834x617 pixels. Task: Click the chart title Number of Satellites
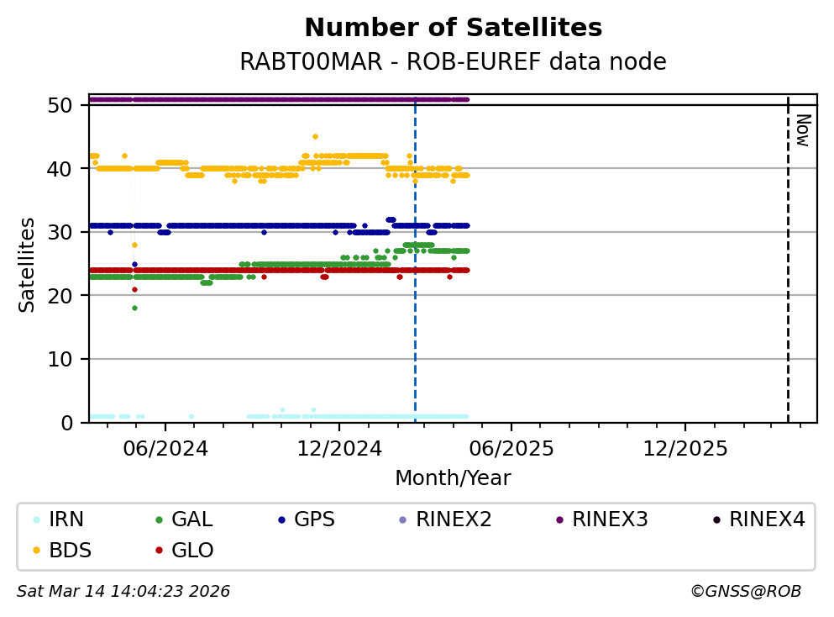click(453, 29)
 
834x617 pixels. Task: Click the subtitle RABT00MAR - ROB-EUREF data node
click(453, 62)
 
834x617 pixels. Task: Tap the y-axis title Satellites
click(28, 264)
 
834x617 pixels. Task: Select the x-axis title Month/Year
click(453, 478)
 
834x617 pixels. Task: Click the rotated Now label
click(802, 129)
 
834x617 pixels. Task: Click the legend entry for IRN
click(66, 519)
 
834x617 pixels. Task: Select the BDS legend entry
click(70, 551)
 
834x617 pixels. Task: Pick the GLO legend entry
click(191, 551)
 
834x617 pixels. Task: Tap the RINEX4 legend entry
click(766, 519)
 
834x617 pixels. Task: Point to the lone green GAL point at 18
click(134, 308)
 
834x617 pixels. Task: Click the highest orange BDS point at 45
click(315, 136)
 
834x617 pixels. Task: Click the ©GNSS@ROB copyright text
click(746, 592)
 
